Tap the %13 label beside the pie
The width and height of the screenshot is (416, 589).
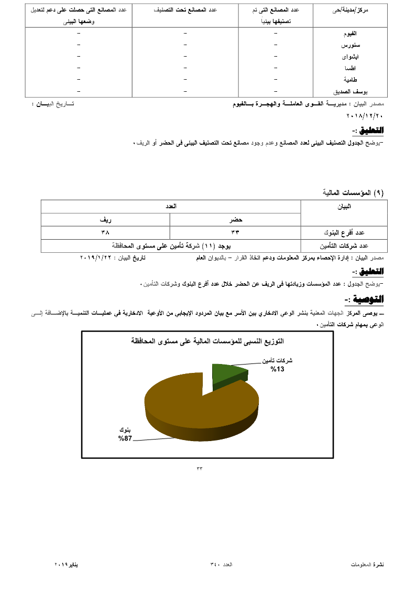pyautogui.click(x=277, y=369)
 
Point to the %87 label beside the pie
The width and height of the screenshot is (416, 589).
pyautogui.click(x=125, y=438)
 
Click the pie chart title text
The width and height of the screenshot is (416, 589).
pyautogui.click(x=207, y=341)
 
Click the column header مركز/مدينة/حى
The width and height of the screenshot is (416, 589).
pyautogui.click(x=350, y=10)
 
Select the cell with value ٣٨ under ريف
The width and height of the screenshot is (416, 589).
pyautogui.click(x=105, y=232)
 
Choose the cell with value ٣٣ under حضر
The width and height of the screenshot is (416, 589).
pyautogui.click(x=235, y=232)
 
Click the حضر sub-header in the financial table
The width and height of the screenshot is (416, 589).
pyautogui.click(x=235, y=220)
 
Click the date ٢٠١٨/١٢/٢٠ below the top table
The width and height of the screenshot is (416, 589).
pyautogui.click(x=365, y=115)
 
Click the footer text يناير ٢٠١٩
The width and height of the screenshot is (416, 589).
pyautogui.click(x=68, y=564)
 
